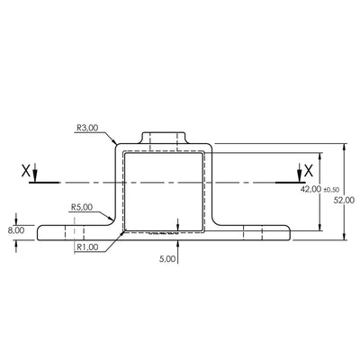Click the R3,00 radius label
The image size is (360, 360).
coord(87,129)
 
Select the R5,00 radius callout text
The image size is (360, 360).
coord(83,206)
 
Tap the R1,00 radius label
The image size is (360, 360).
coord(87,247)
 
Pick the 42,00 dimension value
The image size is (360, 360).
coord(310,190)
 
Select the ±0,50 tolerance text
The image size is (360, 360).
coord(330,190)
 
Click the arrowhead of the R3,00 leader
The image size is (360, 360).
coord(114,144)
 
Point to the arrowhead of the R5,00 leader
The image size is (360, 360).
coord(112,221)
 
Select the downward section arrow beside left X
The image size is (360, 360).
coord(33,175)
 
